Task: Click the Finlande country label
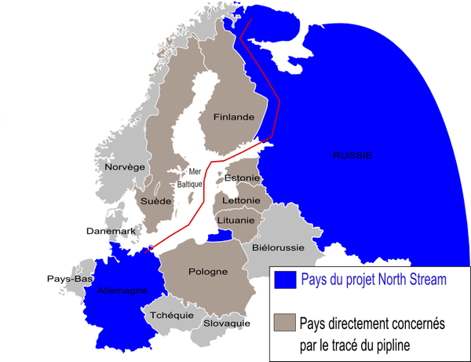(233, 117)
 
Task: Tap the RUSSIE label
(352, 155)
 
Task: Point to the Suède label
(155, 202)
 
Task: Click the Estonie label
(243, 178)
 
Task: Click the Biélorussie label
(279, 247)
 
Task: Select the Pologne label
(208, 272)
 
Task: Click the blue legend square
(287, 280)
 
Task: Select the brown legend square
(286, 323)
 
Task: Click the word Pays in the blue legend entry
(317, 280)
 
